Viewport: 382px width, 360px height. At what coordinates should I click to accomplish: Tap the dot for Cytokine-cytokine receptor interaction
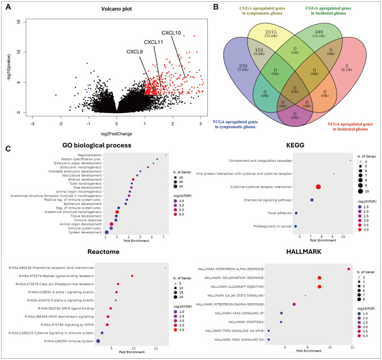(317, 186)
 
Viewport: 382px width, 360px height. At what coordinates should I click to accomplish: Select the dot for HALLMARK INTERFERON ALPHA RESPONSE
(349, 269)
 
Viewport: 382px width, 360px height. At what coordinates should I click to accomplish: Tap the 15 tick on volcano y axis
(21, 22)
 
